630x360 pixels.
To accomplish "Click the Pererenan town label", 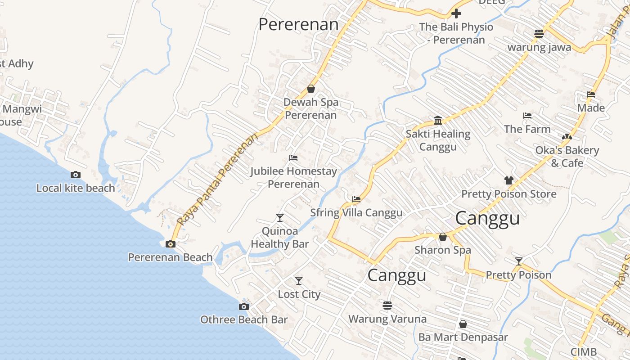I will point(298,24).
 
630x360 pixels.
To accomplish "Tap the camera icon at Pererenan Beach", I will point(171,244).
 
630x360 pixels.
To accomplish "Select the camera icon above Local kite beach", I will point(76,175).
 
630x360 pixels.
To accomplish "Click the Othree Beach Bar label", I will point(243,319).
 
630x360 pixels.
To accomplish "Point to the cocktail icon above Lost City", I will point(299,281).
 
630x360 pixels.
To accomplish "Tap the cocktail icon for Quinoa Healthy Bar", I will point(280,218).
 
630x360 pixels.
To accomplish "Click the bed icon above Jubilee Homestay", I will point(293,158).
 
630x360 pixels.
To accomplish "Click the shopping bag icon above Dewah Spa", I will point(310,89).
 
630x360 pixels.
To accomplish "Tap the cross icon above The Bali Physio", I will point(456,13).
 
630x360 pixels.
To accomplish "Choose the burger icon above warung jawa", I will point(539,33).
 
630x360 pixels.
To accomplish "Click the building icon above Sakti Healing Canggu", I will point(438,120).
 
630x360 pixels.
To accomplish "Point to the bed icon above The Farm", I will point(527,116).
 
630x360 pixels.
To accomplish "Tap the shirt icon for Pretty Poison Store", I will point(508,180).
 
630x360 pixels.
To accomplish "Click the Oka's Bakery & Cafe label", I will point(567,156).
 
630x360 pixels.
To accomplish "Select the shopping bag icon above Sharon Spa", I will point(443,237).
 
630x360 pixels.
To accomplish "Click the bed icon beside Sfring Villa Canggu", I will point(356,199).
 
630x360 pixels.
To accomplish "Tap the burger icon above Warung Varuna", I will point(387,306).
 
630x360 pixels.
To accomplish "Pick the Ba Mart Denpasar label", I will point(463,337).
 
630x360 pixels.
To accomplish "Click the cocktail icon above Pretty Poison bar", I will point(519,261).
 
